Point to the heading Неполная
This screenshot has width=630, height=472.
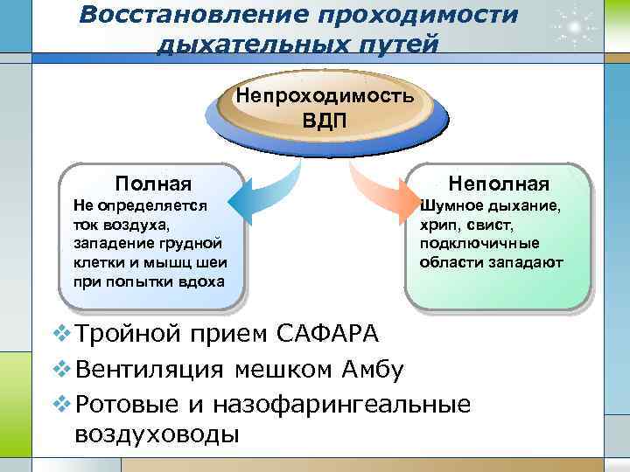(499, 184)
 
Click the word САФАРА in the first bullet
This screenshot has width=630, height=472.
(327, 334)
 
